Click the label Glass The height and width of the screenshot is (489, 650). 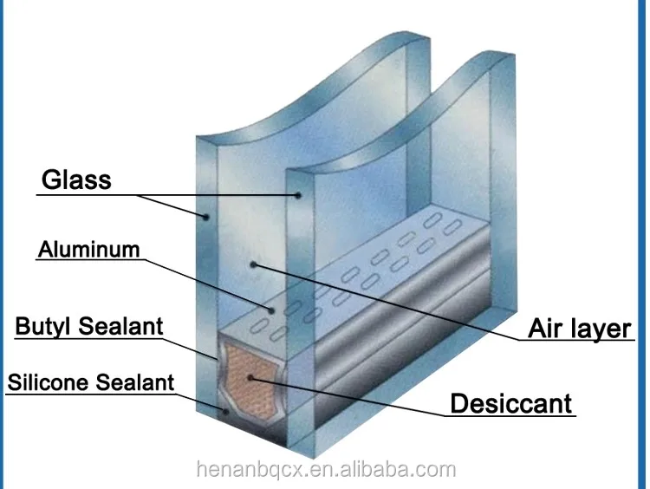[76, 179]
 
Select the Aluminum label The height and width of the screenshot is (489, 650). [88, 250]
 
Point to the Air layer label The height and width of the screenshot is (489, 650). [580, 329]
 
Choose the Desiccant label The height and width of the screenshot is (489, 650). [510, 403]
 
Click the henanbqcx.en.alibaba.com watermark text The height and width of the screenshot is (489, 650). [324, 470]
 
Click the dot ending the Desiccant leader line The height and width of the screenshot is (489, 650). [250, 377]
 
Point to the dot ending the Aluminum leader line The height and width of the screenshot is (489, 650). [271, 309]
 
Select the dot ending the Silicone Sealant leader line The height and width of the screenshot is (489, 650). [225, 414]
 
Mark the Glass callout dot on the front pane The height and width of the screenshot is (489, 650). [206, 216]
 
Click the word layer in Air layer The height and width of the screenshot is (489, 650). [601, 329]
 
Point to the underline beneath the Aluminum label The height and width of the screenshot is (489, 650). [88, 261]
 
